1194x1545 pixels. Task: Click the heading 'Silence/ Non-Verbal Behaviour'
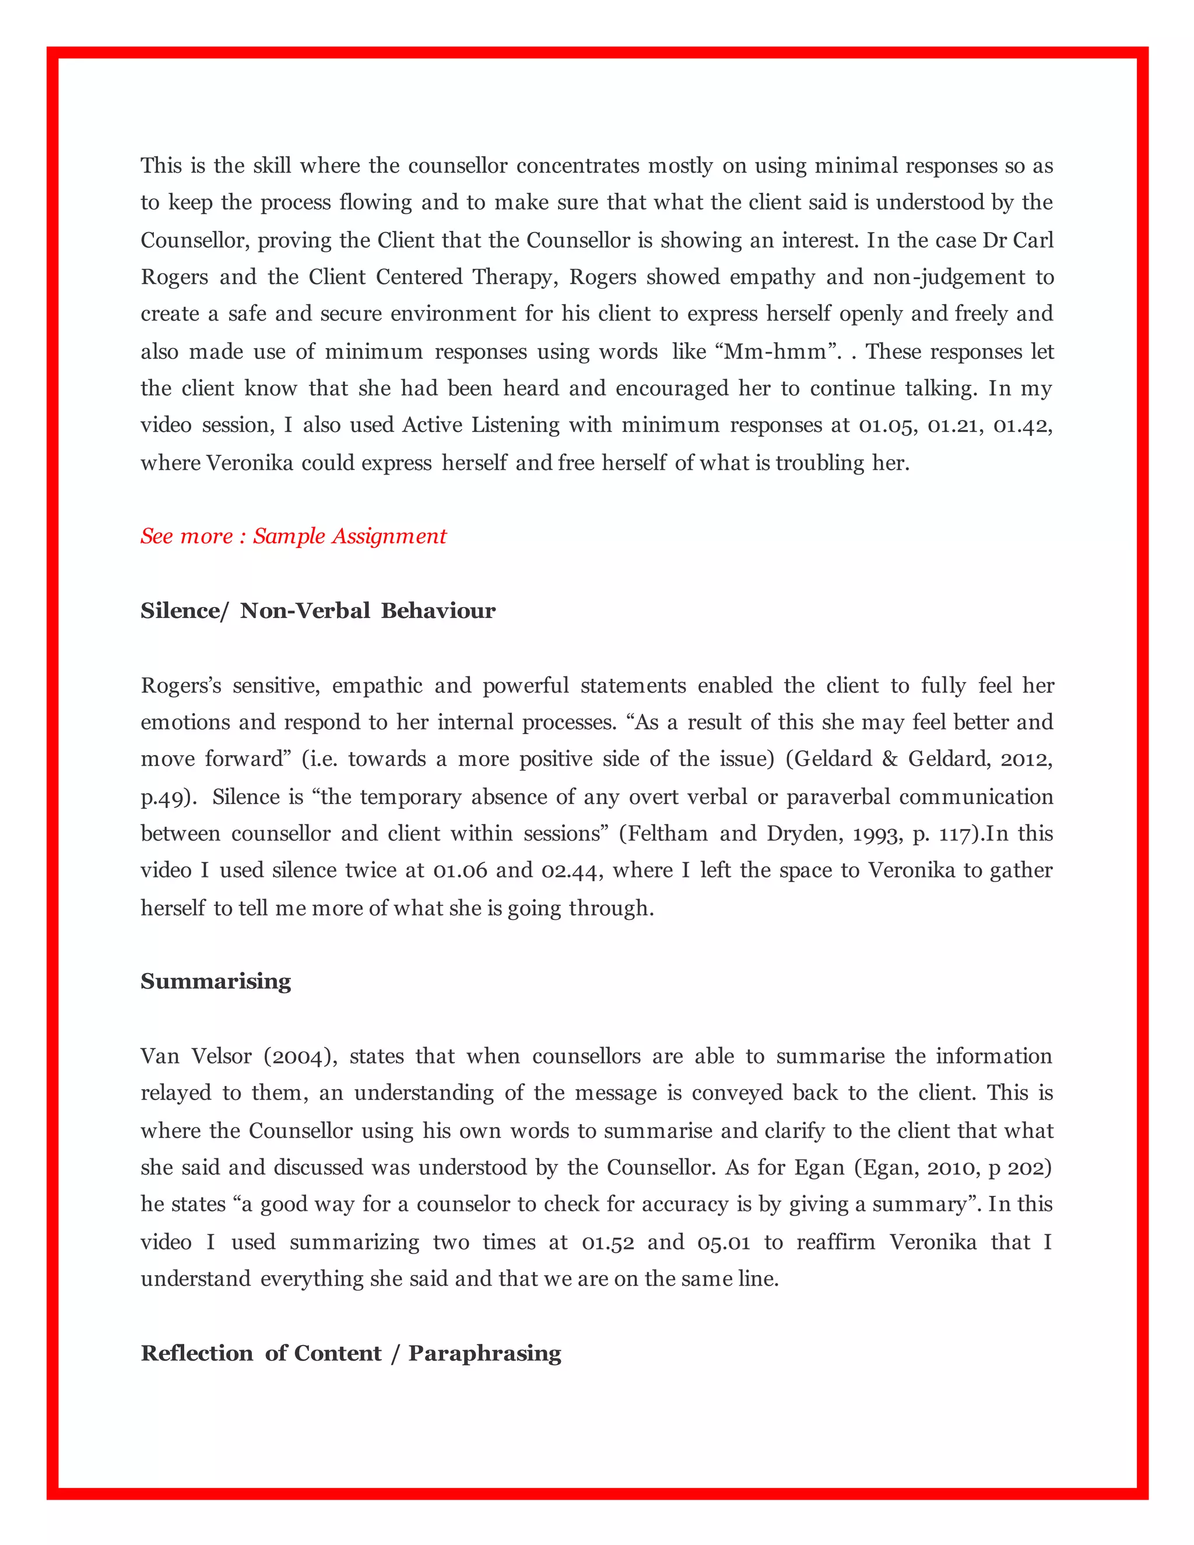318,610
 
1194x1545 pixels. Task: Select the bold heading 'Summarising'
216,981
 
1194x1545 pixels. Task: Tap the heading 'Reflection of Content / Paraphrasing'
351,1353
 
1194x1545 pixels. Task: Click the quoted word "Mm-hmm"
775,352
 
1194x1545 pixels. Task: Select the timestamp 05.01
724,1242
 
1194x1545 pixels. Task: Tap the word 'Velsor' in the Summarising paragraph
222,1056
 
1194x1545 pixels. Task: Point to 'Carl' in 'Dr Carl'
1034,240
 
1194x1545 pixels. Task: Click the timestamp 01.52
607,1242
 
